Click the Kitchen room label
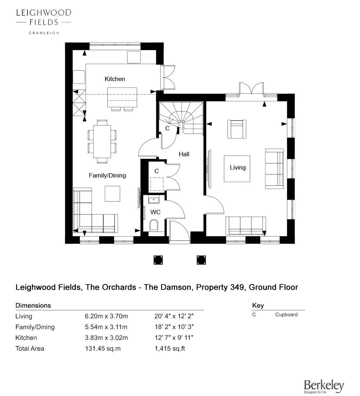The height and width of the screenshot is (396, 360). (x=115, y=79)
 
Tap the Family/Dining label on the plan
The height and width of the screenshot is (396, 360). (x=107, y=175)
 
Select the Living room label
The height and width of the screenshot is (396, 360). (x=238, y=167)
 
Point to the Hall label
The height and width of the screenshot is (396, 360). (x=184, y=154)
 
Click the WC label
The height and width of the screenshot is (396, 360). (x=155, y=212)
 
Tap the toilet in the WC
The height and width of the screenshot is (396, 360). (x=154, y=225)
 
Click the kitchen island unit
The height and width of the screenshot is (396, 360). (x=122, y=97)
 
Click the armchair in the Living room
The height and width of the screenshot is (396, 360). (x=237, y=129)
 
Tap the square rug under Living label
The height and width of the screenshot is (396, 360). (x=237, y=168)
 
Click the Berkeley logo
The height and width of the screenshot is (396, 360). (x=324, y=386)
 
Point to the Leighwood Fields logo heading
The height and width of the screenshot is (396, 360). (x=43, y=17)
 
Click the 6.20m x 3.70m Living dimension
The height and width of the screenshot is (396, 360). (x=107, y=316)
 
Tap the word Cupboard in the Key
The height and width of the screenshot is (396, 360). (x=286, y=314)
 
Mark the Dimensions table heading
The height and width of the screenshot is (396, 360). (x=33, y=305)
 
